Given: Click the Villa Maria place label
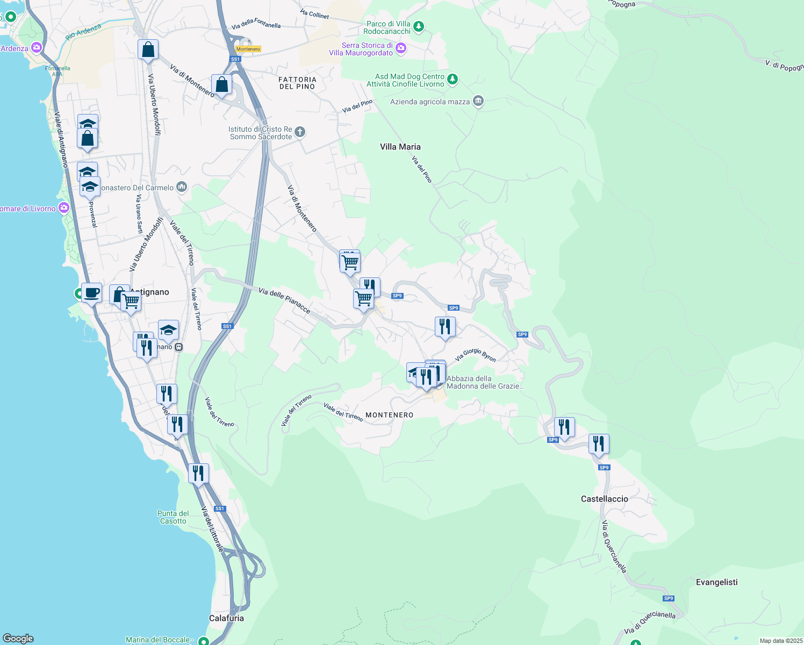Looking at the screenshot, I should [x=400, y=147].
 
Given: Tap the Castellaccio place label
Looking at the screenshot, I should [x=604, y=499].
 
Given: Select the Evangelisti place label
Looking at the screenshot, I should [x=716, y=582].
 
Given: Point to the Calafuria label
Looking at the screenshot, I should [x=226, y=618].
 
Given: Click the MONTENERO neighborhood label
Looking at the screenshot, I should [x=390, y=415].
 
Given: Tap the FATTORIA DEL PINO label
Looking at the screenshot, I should [x=297, y=83].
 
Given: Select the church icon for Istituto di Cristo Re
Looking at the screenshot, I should [x=300, y=132].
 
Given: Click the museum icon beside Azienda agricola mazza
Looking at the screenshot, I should [x=478, y=101].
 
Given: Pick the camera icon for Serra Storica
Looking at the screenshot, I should [x=401, y=49].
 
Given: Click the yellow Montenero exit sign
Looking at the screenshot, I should [x=248, y=49].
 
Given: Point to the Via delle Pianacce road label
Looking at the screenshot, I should [x=284, y=300].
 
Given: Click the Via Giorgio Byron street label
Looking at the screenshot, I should [x=475, y=355].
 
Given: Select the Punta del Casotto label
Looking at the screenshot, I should [x=173, y=517].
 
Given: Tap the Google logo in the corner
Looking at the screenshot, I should [x=18, y=639].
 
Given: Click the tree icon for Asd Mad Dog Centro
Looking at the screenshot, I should [x=453, y=80].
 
